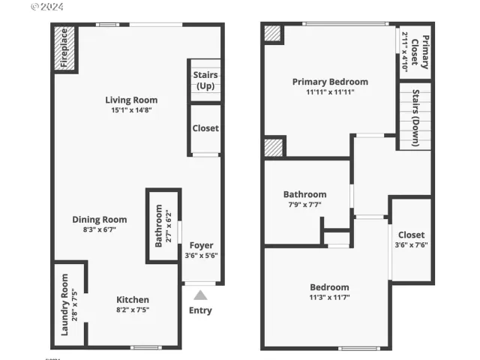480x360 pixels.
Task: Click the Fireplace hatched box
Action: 65,49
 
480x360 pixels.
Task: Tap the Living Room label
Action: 131,100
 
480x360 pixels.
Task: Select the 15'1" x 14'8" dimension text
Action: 131,111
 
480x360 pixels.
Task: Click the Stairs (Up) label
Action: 205,80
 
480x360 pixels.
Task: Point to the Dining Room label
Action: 100,220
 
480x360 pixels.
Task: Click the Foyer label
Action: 201,245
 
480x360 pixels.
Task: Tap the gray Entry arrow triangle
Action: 200,295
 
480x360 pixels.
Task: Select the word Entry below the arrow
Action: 200,310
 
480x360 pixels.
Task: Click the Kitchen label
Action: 132,300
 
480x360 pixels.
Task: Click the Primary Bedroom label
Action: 330,82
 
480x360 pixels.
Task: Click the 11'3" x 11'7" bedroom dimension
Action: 329,298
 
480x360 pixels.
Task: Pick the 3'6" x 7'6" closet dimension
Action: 412,244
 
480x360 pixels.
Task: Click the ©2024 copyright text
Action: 46,7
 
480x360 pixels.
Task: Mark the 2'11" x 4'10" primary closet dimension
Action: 405,50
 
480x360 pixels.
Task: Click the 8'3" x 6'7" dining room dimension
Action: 100,230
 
